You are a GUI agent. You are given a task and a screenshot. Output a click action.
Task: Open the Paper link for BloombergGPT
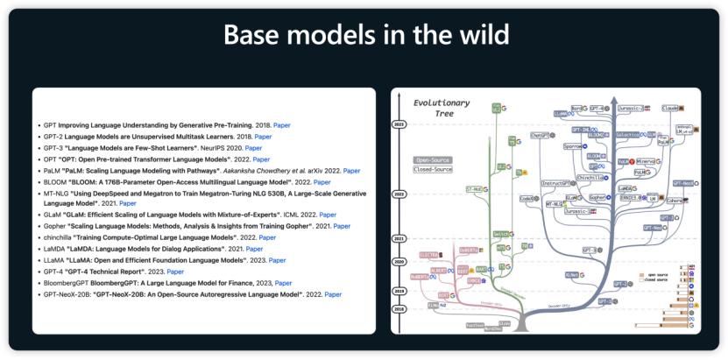(284, 283)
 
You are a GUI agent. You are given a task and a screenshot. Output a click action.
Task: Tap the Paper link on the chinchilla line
(267, 237)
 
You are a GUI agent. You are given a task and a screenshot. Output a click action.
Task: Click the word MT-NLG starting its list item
(56, 193)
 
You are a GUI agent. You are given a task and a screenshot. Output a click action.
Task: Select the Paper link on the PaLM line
(351, 171)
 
